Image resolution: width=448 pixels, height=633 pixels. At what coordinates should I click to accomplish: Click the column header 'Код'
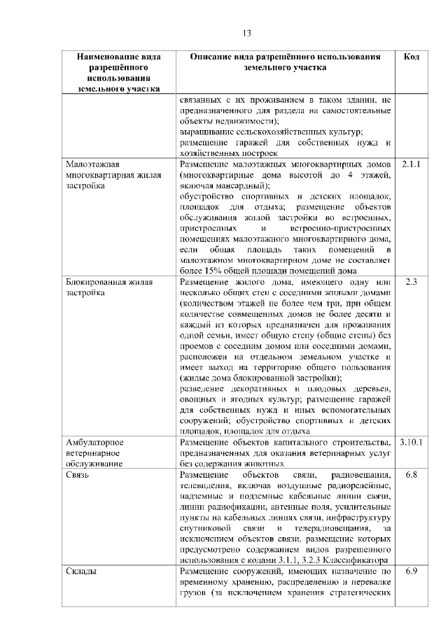tap(412, 57)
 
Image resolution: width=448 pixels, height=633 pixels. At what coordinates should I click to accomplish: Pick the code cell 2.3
tap(412, 282)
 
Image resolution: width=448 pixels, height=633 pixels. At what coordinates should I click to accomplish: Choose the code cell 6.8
tap(412, 474)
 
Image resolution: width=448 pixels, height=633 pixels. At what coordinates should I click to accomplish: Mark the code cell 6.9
tap(412, 571)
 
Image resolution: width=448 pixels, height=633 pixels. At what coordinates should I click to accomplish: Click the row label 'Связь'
tap(78, 474)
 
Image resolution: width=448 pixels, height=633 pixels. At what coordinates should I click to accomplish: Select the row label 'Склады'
tap(82, 571)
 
